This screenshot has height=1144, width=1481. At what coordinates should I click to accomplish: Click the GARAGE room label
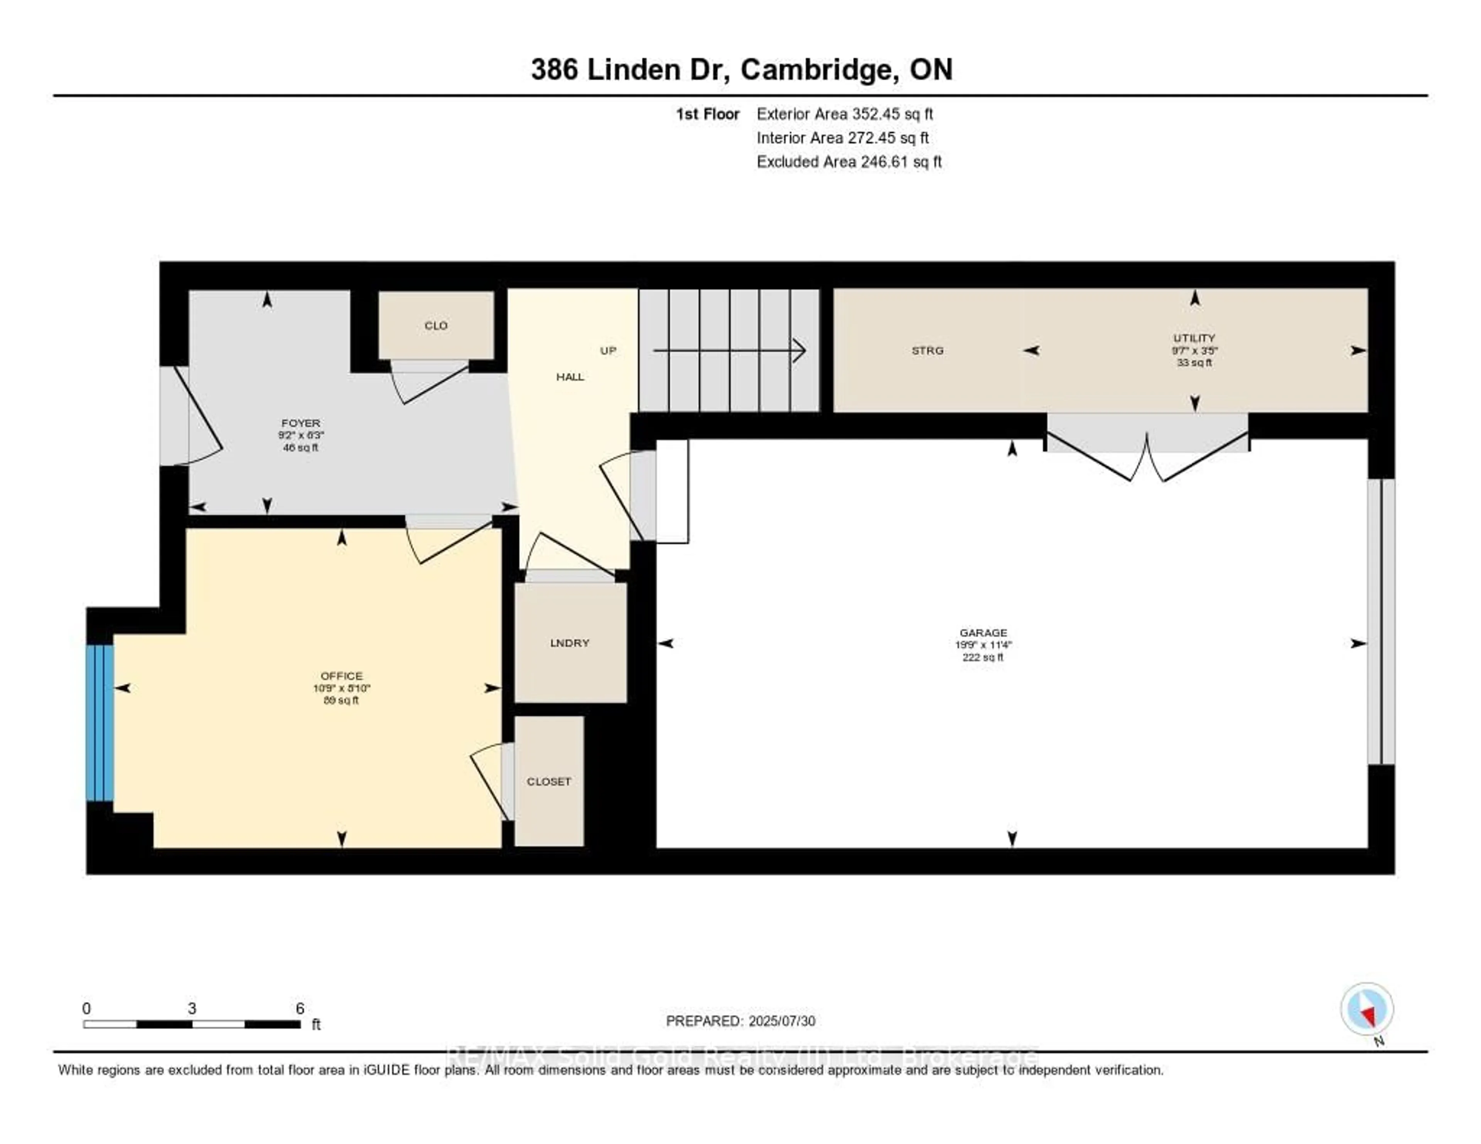[983, 632]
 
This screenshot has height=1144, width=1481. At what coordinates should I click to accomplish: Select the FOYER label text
[300, 422]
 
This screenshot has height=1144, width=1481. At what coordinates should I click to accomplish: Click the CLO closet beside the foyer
[435, 326]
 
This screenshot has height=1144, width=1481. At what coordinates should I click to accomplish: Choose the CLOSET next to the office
[548, 781]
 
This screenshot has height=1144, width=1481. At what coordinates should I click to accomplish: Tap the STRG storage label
[927, 351]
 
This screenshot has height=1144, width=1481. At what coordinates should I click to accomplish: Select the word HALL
[570, 377]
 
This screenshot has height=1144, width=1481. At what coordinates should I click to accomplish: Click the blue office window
[99, 722]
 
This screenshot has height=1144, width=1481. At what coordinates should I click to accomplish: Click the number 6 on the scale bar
[300, 1008]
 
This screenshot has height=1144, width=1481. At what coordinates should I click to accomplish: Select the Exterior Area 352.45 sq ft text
[844, 114]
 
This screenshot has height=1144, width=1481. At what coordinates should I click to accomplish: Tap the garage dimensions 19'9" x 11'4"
[983, 645]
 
